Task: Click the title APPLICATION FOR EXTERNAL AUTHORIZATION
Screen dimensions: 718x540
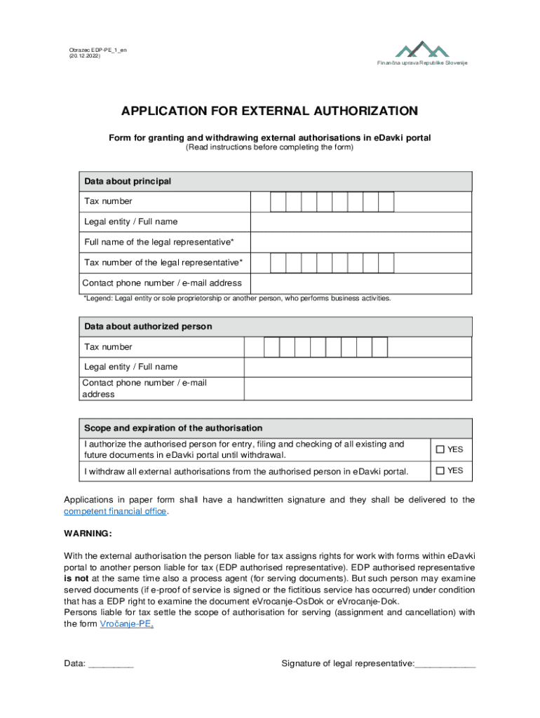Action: [x=269, y=111]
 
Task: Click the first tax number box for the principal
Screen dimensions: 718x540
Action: [x=278, y=202]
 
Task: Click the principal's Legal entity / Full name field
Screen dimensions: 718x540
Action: [x=360, y=222]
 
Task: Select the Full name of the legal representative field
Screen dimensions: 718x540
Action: [x=360, y=243]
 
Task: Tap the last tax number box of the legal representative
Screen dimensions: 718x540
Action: [x=386, y=263]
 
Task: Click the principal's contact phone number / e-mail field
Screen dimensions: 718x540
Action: [x=360, y=283]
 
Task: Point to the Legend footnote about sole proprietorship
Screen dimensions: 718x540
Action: [x=237, y=299]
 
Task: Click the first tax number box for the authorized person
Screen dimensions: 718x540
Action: [x=271, y=347]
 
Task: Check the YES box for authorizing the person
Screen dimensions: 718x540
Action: [x=440, y=449]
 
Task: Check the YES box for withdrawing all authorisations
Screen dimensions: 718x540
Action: [x=440, y=471]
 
